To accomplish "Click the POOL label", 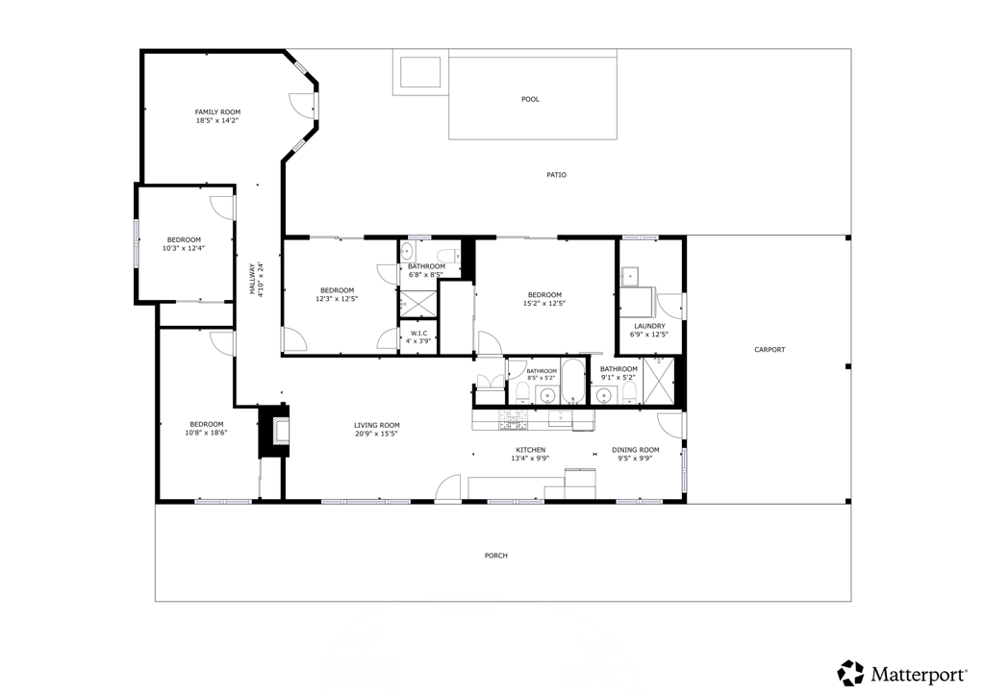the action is tap(530, 99).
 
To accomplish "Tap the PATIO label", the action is tap(556, 175).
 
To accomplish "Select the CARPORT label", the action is tap(770, 350).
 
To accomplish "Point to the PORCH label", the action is tap(495, 556).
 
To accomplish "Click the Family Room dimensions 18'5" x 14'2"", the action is tap(217, 120).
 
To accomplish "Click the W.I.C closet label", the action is tap(418, 334).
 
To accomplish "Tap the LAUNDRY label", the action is tap(649, 326).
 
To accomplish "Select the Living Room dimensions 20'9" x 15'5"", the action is tap(376, 433).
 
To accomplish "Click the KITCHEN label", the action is tap(531, 450).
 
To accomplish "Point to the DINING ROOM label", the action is tap(636, 450).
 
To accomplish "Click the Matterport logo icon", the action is tap(851, 673).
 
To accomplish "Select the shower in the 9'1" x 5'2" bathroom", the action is tap(658, 381).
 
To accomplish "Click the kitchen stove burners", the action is tap(514, 420).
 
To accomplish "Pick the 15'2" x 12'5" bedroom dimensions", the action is tap(544, 303).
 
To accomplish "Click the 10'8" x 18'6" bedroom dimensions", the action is tap(206, 433).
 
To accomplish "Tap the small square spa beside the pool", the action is tap(420, 72).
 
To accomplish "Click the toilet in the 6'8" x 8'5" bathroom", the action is tap(449, 255).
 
